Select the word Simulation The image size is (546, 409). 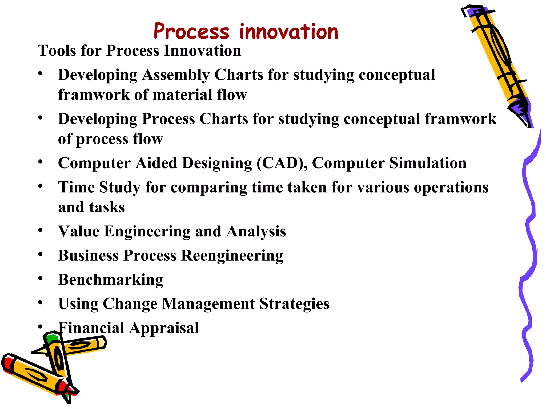pyautogui.click(x=428, y=163)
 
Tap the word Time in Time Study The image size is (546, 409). pyautogui.click(x=76, y=187)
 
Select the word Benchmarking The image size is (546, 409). pyautogui.click(x=111, y=280)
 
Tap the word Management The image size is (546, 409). pyautogui.click(x=208, y=304)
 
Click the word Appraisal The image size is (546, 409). pyautogui.click(x=164, y=328)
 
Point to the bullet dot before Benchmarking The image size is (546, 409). pyautogui.click(x=40, y=279)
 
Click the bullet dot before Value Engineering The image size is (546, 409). pyautogui.click(x=40, y=230)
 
